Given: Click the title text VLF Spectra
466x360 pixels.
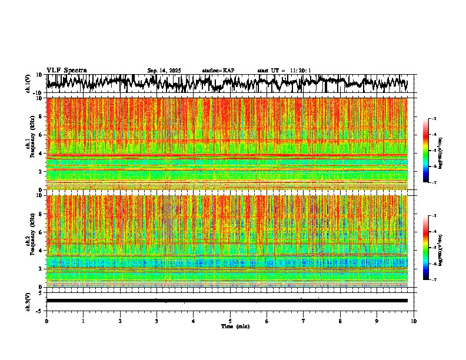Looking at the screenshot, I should point(66,70).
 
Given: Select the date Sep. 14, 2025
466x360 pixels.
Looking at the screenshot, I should point(164,71).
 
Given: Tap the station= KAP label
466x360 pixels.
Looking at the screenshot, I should point(218,71).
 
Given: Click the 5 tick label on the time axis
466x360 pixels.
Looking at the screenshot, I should point(230,321).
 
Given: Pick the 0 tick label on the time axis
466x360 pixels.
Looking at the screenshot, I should point(46,321).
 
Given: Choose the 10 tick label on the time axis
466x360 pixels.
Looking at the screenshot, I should point(414,321).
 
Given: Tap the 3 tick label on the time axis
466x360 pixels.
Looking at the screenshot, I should point(157,321).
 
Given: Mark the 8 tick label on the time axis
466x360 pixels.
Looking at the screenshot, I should point(340,321).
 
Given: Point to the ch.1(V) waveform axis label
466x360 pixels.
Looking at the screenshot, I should point(28,84).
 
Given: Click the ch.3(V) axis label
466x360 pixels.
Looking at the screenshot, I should point(28,301).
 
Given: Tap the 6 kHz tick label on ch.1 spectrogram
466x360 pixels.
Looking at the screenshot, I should point(41,135).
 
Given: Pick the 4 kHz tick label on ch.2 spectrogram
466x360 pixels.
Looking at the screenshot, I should point(41,251).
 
